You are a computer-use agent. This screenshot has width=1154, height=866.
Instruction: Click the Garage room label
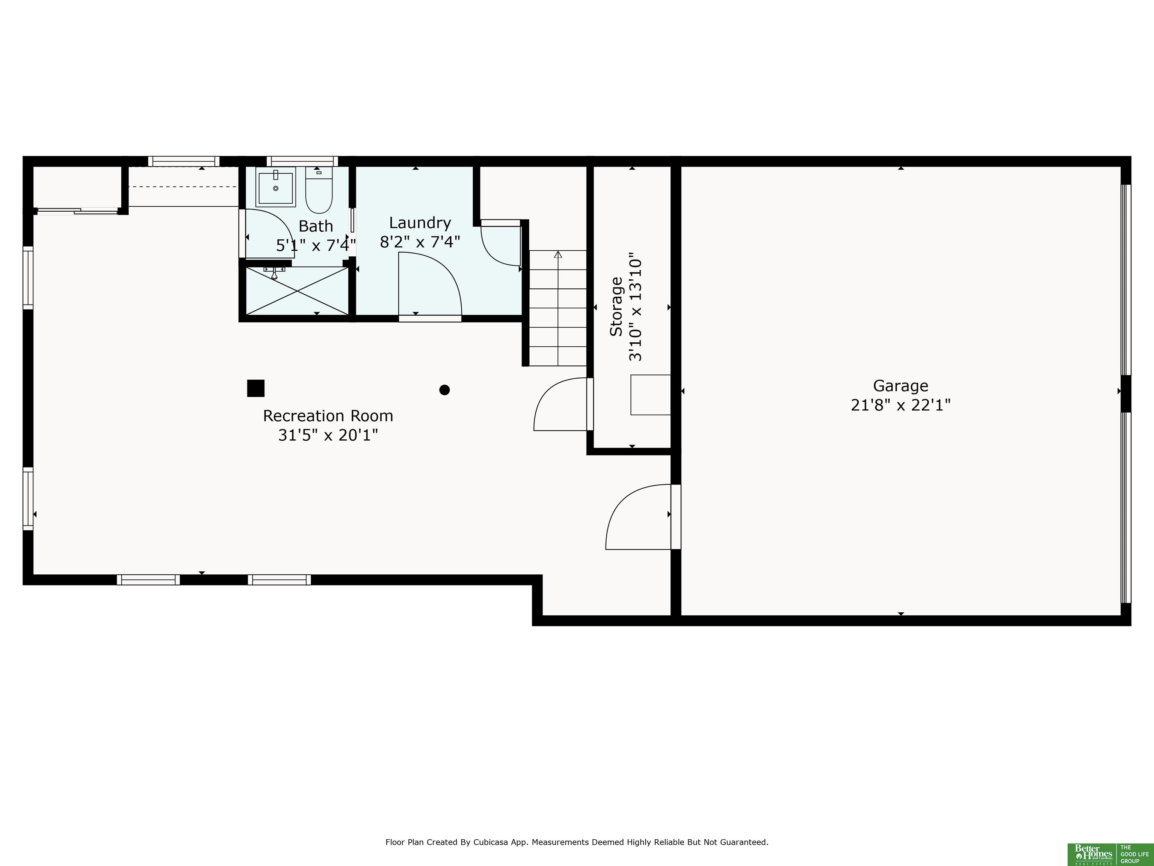900,386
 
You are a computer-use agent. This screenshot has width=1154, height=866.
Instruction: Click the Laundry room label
420,223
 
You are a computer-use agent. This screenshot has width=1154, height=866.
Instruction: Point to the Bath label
316,226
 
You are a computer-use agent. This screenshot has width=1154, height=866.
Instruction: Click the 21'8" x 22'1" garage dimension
900,405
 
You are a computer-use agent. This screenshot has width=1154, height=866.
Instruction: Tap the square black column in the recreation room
256,388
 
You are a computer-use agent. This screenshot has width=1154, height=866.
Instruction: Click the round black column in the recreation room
444,390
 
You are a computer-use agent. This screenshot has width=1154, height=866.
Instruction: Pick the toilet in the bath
319,189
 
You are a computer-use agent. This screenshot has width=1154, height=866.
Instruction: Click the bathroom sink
275,186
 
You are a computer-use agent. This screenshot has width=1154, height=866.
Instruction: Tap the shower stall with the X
296,291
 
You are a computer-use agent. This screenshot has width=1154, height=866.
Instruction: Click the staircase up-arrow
558,255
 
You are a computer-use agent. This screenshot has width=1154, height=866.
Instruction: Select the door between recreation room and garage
642,517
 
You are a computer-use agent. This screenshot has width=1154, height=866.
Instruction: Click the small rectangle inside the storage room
651,395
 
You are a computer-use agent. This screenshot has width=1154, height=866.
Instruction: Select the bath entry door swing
270,233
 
